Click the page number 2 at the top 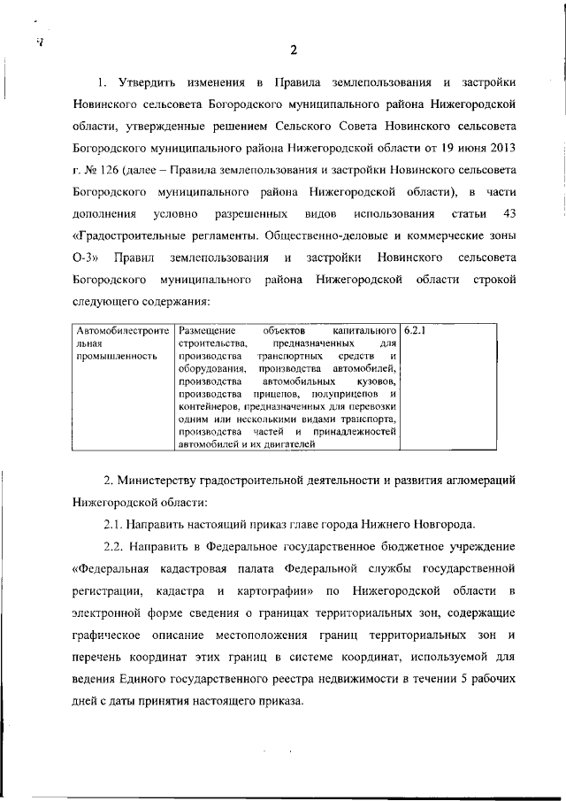pyautogui.click(x=293, y=49)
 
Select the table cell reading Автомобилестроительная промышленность pyautogui.click(x=123, y=342)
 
